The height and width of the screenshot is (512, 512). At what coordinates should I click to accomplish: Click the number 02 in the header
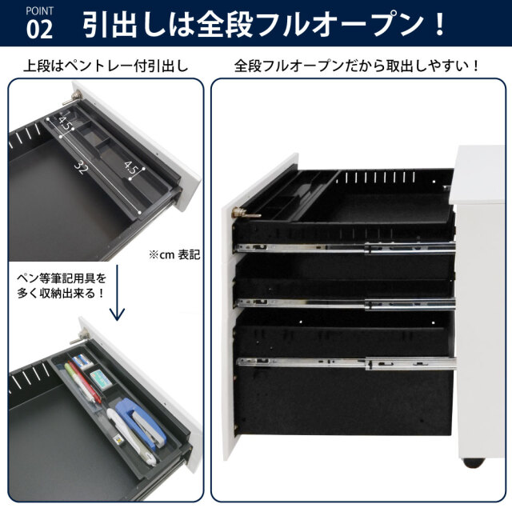[39, 30]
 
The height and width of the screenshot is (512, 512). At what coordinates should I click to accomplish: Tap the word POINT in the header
[39, 10]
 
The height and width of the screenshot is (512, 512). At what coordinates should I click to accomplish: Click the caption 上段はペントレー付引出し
[106, 66]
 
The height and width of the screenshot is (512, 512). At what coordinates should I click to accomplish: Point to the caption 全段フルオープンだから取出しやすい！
[357, 66]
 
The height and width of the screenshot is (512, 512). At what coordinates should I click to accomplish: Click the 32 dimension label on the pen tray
[80, 167]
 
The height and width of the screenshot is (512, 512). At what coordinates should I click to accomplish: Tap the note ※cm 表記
[174, 254]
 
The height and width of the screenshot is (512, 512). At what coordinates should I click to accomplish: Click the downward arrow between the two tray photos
[117, 293]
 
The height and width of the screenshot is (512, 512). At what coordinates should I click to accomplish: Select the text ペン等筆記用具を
[62, 278]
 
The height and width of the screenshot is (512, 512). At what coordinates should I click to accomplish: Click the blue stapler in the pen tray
[140, 423]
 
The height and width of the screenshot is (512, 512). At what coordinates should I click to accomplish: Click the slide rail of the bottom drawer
[346, 363]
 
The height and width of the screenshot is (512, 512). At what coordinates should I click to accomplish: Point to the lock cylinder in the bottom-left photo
[79, 337]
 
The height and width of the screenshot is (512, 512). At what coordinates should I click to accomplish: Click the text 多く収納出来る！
[61, 294]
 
